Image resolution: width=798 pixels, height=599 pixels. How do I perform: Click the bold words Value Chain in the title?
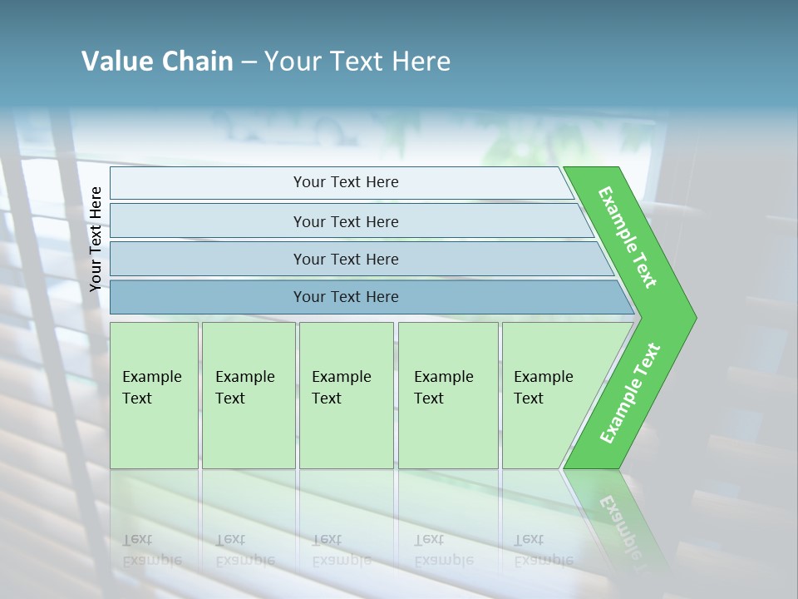point(157,62)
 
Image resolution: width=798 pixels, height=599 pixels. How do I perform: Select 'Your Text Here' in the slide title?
point(357,62)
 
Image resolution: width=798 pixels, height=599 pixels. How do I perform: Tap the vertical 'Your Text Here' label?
point(96,239)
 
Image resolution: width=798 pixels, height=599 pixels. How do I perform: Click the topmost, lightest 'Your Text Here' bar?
point(345,182)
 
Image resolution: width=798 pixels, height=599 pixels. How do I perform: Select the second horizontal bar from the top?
point(345,221)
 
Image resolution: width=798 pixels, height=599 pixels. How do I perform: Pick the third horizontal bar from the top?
point(345,259)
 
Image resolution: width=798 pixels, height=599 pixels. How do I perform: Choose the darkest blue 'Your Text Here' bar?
point(345,297)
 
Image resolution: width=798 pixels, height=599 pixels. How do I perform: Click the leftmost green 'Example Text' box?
point(154,395)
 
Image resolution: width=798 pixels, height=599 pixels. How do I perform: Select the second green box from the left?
point(248,395)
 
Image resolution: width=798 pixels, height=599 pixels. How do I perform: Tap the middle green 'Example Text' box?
point(346,395)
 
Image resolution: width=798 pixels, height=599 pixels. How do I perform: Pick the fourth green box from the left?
point(448,395)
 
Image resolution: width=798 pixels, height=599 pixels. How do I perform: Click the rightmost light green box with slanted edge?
point(549,395)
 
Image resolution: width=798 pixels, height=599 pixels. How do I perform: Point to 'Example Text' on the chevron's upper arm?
point(628,237)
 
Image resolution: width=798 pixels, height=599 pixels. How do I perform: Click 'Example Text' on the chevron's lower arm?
point(630,394)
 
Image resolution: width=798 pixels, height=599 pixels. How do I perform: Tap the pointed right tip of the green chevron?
point(690,318)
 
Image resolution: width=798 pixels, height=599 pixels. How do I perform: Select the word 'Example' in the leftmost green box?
point(151,377)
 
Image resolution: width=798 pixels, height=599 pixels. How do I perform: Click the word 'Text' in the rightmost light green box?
point(528,399)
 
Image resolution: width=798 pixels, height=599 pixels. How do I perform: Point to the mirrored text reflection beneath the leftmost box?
point(151,551)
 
